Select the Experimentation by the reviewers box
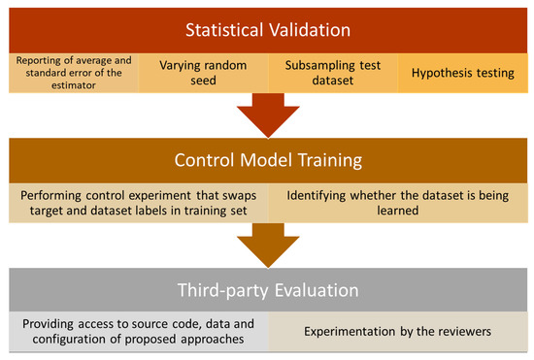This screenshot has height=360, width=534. [399, 331]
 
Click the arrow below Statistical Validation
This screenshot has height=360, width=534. [267, 112]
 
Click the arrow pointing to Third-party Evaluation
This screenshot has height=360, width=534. [267, 243]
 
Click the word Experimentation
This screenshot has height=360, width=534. [349, 331]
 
